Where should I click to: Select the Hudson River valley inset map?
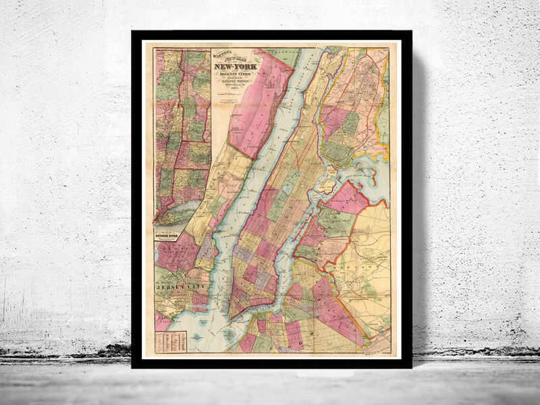click(x=181, y=135)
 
